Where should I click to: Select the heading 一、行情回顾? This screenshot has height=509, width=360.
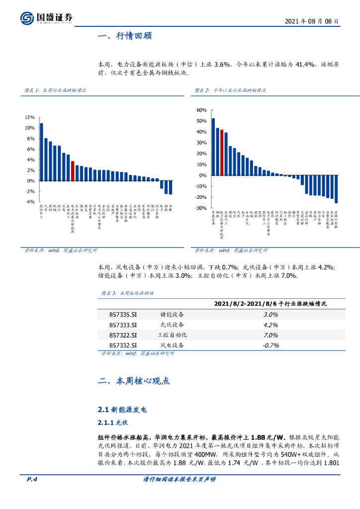pyautogui.click(x=125, y=36)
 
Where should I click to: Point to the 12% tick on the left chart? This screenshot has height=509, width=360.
pyautogui.click(x=30, y=117)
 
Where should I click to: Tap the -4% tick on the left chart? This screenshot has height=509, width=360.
pyautogui.click(x=30, y=202)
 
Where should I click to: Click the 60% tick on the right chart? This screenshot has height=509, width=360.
pyautogui.click(x=201, y=110)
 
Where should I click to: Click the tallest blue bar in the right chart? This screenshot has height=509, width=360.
pyautogui.click(x=213, y=147)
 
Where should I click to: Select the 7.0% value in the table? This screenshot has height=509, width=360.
pyautogui.click(x=271, y=335)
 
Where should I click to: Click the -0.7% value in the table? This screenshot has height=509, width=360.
pyautogui.click(x=271, y=344)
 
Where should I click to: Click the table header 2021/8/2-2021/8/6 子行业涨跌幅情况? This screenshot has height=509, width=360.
pyautogui.click(x=273, y=303)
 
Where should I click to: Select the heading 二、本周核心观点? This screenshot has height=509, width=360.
pyautogui.click(x=134, y=381)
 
